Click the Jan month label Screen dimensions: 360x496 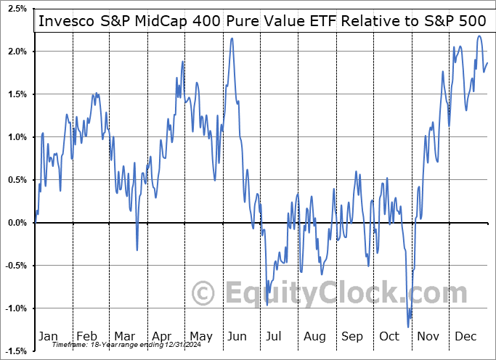pyautogui.click(x=48, y=337)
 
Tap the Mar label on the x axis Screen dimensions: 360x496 pyautogui.click(x=124, y=337)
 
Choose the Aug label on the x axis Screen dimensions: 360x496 pyautogui.click(x=314, y=337)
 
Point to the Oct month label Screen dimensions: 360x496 pyautogui.click(x=389, y=337)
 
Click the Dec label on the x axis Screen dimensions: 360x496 pyautogui.click(x=465, y=337)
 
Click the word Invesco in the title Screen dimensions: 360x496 pyautogui.click(x=63, y=21)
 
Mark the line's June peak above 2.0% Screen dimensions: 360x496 pyautogui.click(x=232, y=38)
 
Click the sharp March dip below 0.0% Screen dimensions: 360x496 pyautogui.click(x=137, y=250)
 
